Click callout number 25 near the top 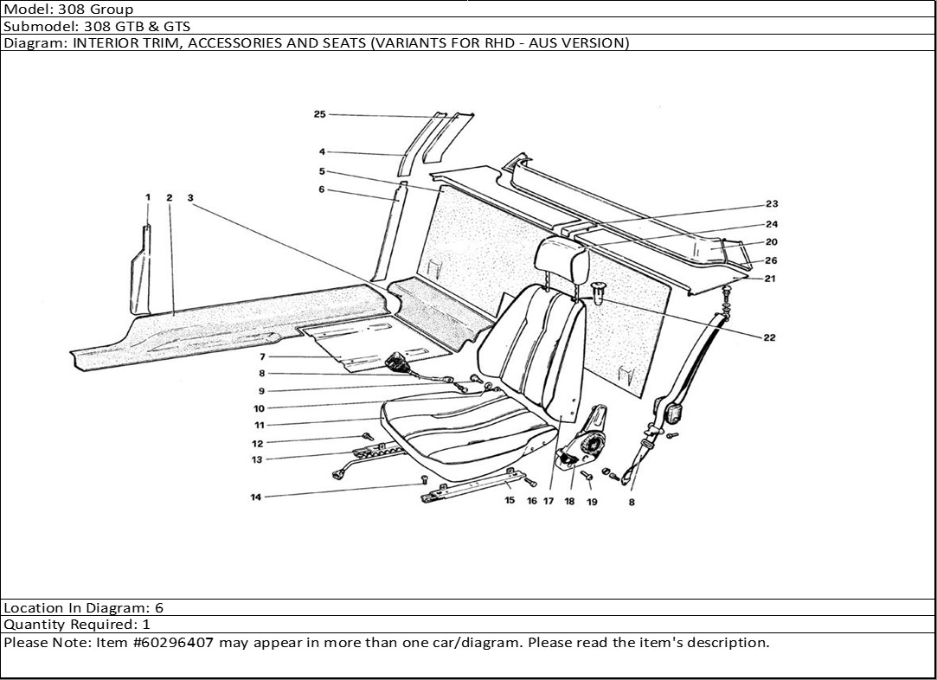tap(319, 114)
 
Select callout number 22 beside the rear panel tap(769, 337)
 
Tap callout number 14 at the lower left tap(256, 497)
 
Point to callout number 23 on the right tap(772, 204)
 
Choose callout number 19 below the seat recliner tap(592, 502)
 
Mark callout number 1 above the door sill tap(148, 197)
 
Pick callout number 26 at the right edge tap(771, 260)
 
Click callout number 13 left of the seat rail tap(257, 460)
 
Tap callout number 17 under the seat tap(549, 501)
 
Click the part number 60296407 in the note tap(180, 643)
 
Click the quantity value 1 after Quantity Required tap(146, 625)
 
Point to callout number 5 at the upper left tap(321, 171)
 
